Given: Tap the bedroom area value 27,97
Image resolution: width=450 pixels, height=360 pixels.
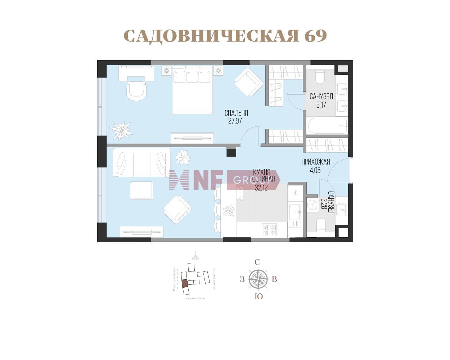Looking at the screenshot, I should click(235, 121).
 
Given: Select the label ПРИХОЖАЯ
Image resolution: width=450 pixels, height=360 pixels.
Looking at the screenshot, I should click(315, 162).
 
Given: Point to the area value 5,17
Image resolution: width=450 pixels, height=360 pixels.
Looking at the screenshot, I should click(321, 105).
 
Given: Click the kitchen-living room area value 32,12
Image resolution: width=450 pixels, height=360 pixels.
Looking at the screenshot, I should click(261, 188).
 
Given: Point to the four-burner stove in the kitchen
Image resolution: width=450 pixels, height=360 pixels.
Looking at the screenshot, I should click(269, 230).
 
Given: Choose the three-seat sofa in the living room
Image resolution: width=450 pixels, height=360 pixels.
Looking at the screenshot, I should click(141, 163).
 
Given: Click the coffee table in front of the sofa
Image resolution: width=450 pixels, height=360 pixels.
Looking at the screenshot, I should click(141, 190).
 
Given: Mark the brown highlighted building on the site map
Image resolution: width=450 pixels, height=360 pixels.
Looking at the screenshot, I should click(185, 283).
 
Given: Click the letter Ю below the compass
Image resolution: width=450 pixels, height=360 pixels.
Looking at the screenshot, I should click(258, 297).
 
